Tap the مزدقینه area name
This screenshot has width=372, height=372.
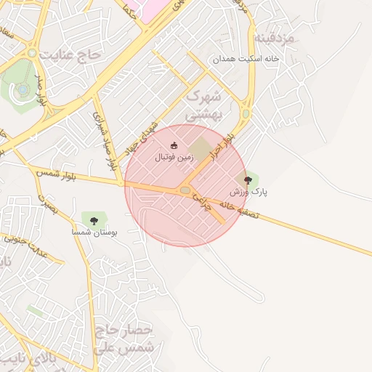tap(275, 37)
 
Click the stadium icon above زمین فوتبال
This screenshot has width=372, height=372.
tap(173, 145)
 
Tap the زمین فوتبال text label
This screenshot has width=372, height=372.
tap(174, 156)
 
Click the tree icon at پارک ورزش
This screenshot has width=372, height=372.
tap(248, 179)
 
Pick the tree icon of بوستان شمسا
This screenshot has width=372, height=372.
tap(93, 219)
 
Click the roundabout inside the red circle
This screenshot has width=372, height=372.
tap(185, 190)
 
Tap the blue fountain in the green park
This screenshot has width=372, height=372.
tap(23, 89)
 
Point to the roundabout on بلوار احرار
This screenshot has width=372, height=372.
tap(246, 114)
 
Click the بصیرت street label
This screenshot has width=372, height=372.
tap(46, 201)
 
